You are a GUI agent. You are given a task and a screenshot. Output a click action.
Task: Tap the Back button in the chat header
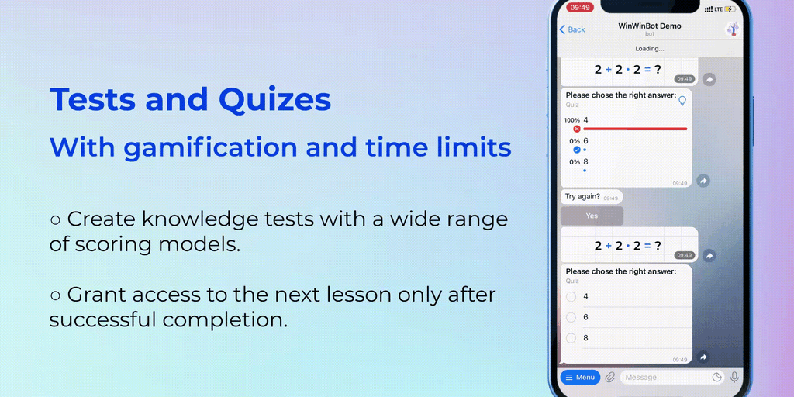click(572, 29)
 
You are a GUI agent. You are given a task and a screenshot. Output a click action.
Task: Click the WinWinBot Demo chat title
click(650, 26)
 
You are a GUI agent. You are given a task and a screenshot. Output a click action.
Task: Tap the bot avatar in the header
click(732, 29)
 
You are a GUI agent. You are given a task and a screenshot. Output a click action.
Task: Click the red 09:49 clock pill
click(580, 8)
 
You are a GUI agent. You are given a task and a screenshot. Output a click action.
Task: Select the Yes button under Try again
click(592, 216)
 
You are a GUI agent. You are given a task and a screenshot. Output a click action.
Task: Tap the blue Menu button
click(580, 378)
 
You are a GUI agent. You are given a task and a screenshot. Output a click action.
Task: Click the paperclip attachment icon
click(610, 378)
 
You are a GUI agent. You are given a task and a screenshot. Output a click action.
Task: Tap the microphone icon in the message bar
click(734, 378)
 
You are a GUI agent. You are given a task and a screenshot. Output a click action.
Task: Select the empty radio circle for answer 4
click(571, 297)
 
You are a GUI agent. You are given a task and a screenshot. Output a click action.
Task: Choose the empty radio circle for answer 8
click(571, 338)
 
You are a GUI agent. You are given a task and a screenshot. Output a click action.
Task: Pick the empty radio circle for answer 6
click(571, 317)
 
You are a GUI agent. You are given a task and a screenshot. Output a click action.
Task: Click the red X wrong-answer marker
click(576, 129)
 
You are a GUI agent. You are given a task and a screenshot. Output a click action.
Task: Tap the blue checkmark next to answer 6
click(576, 150)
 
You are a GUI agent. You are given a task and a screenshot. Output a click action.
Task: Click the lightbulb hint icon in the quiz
click(682, 101)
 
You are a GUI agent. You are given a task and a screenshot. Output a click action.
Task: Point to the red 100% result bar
click(636, 129)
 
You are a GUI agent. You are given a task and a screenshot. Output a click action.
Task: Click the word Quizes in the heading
click(275, 99)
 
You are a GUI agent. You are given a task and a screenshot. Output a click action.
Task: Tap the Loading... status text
click(650, 49)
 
